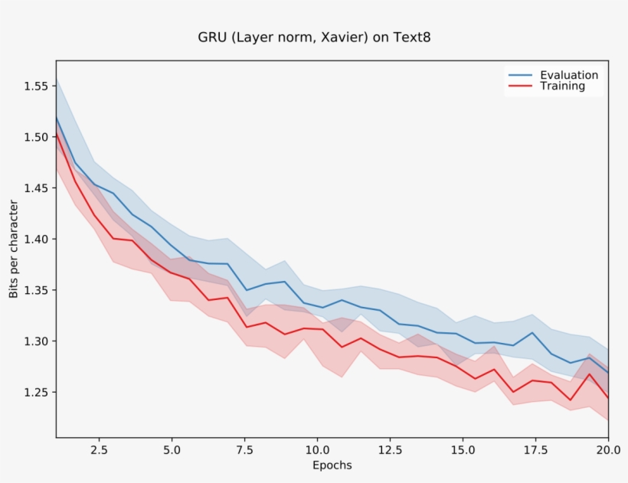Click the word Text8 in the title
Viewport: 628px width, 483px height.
[412, 37]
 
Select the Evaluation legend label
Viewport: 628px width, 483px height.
[569, 75]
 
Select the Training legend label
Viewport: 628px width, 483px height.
[562, 86]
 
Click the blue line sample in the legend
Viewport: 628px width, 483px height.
[520, 75]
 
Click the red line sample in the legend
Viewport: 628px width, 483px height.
[520, 86]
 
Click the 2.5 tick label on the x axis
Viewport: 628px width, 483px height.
[100, 450]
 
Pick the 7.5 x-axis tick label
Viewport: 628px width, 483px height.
[244, 450]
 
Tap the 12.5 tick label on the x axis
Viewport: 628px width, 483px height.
[390, 450]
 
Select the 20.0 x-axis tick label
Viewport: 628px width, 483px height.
[607, 450]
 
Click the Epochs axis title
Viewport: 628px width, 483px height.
[332, 465]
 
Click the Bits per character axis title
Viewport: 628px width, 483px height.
[13, 249]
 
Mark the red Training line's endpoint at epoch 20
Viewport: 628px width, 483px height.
[608, 398]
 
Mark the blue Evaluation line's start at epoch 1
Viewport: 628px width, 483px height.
[56, 117]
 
